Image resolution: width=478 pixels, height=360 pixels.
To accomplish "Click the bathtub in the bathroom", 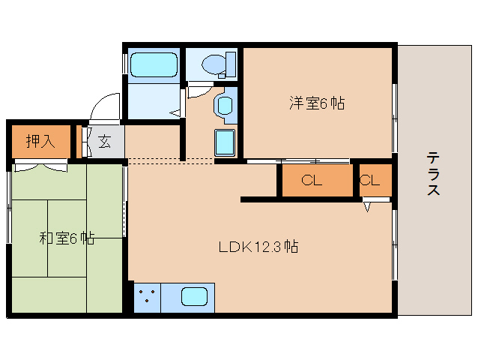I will click(x=154, y=64).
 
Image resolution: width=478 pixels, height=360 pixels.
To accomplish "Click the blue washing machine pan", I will click(x=226, y=142).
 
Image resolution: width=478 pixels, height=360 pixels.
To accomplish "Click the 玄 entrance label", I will click(x=104, y=141).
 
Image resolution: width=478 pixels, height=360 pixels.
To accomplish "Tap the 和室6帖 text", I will click(x=66, y=238).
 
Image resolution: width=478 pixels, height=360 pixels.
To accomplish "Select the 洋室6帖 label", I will click(x=316, y=103).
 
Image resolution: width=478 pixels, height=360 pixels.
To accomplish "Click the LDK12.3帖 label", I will click(x=258, y=246).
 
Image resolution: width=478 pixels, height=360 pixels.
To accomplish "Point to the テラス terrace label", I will click(x=433, y=174).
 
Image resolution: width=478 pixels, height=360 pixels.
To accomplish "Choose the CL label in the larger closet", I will click(x=312, y=180).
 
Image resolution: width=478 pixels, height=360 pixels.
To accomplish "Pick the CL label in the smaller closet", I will click(x=369, y=180).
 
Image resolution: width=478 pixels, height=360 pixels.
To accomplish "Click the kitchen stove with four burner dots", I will click(x=147, y=296).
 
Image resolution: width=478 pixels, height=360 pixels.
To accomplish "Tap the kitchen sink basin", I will click(x=193, y=296).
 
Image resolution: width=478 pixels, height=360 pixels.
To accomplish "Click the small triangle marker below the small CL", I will click(x=368, y=207).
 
